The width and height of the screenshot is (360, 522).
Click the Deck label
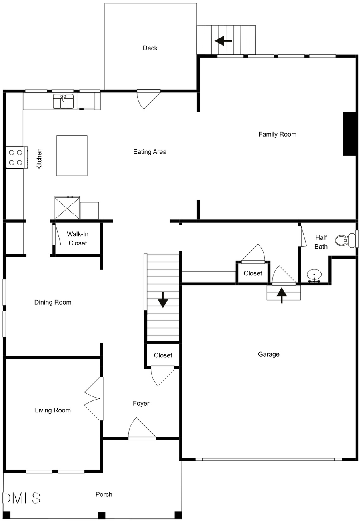pos(150,48)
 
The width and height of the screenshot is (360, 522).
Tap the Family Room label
pos(277,134)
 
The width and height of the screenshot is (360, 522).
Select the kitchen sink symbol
pos(64,101)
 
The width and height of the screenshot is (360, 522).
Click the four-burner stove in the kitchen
pos(16,157)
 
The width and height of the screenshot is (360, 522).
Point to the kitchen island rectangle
pos(72,155)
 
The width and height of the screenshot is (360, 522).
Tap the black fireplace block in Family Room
pos(349,133)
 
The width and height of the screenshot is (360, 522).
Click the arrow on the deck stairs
pos(223,40)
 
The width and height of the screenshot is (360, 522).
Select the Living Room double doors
pos(93,398)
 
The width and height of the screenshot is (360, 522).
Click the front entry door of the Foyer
pos(142,430)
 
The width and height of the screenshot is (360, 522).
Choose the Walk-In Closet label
pos(78,238)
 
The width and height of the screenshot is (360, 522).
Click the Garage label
pos(268,354)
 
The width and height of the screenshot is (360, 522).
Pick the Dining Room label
pos(53,302)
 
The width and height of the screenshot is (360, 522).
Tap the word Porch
pos(104,494)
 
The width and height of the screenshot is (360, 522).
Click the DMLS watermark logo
pos(22,498)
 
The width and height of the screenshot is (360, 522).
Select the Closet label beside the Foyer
pos(163,355)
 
